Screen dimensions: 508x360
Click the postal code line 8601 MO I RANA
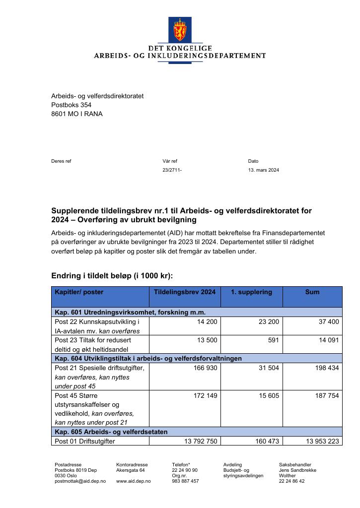[77, 114]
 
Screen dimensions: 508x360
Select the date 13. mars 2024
[263, 170]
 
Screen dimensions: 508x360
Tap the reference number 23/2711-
[172, 170]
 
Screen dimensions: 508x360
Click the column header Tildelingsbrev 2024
[185, 292]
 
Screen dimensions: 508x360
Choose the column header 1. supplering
[251, 292]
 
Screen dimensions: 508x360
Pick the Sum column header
[312, 292]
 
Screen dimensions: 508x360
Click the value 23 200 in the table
[269, 322]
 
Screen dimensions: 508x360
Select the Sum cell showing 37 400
[328, 322]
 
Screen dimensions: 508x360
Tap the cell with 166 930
[205, 368]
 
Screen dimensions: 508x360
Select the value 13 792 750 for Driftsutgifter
[199, 441]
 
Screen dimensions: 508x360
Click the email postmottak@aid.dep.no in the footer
[80, 481]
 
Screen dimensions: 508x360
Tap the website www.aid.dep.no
[133, 481]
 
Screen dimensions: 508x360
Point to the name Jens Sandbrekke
[297, 470]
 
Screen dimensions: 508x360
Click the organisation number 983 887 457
[185, 481]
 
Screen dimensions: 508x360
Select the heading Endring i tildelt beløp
[112, 276]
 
